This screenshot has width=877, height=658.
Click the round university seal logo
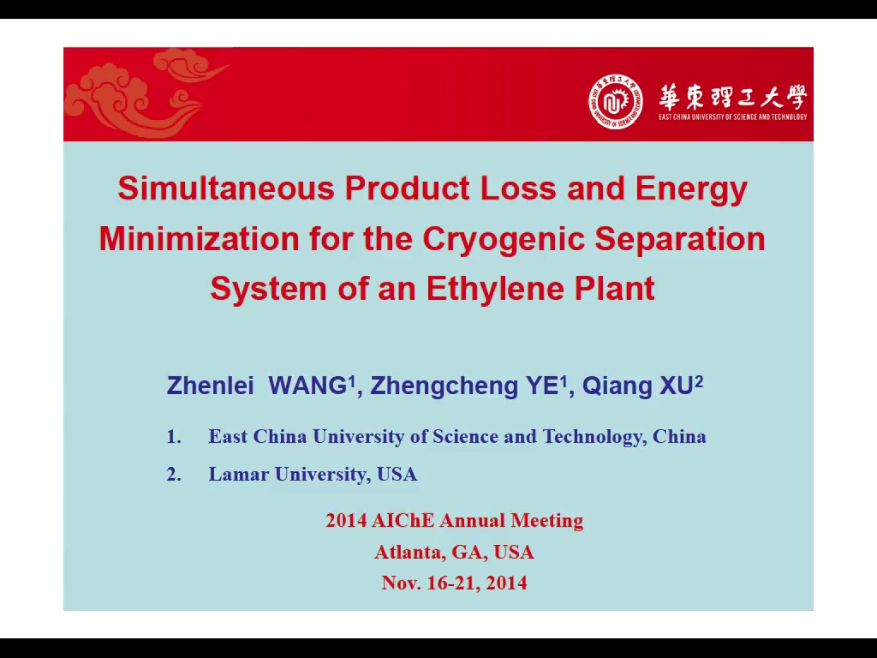[615, 102]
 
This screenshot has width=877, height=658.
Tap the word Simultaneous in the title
[226, 188]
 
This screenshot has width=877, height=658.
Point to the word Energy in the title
[691, 189]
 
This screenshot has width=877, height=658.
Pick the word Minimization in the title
[199, 239]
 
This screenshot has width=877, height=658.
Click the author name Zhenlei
[211, 386]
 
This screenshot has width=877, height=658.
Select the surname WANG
[307, 386]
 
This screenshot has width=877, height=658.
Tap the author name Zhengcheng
[444, 386]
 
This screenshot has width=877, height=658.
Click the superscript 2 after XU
[699, 380]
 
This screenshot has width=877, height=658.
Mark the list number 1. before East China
[174, 436]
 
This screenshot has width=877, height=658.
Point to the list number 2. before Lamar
[174, 475]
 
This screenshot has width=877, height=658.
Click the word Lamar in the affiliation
[239, 475]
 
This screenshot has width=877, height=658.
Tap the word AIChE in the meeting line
[403, 520]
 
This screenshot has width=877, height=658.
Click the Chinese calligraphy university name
[733, 97]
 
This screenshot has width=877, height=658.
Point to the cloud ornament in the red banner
[146, 93]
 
